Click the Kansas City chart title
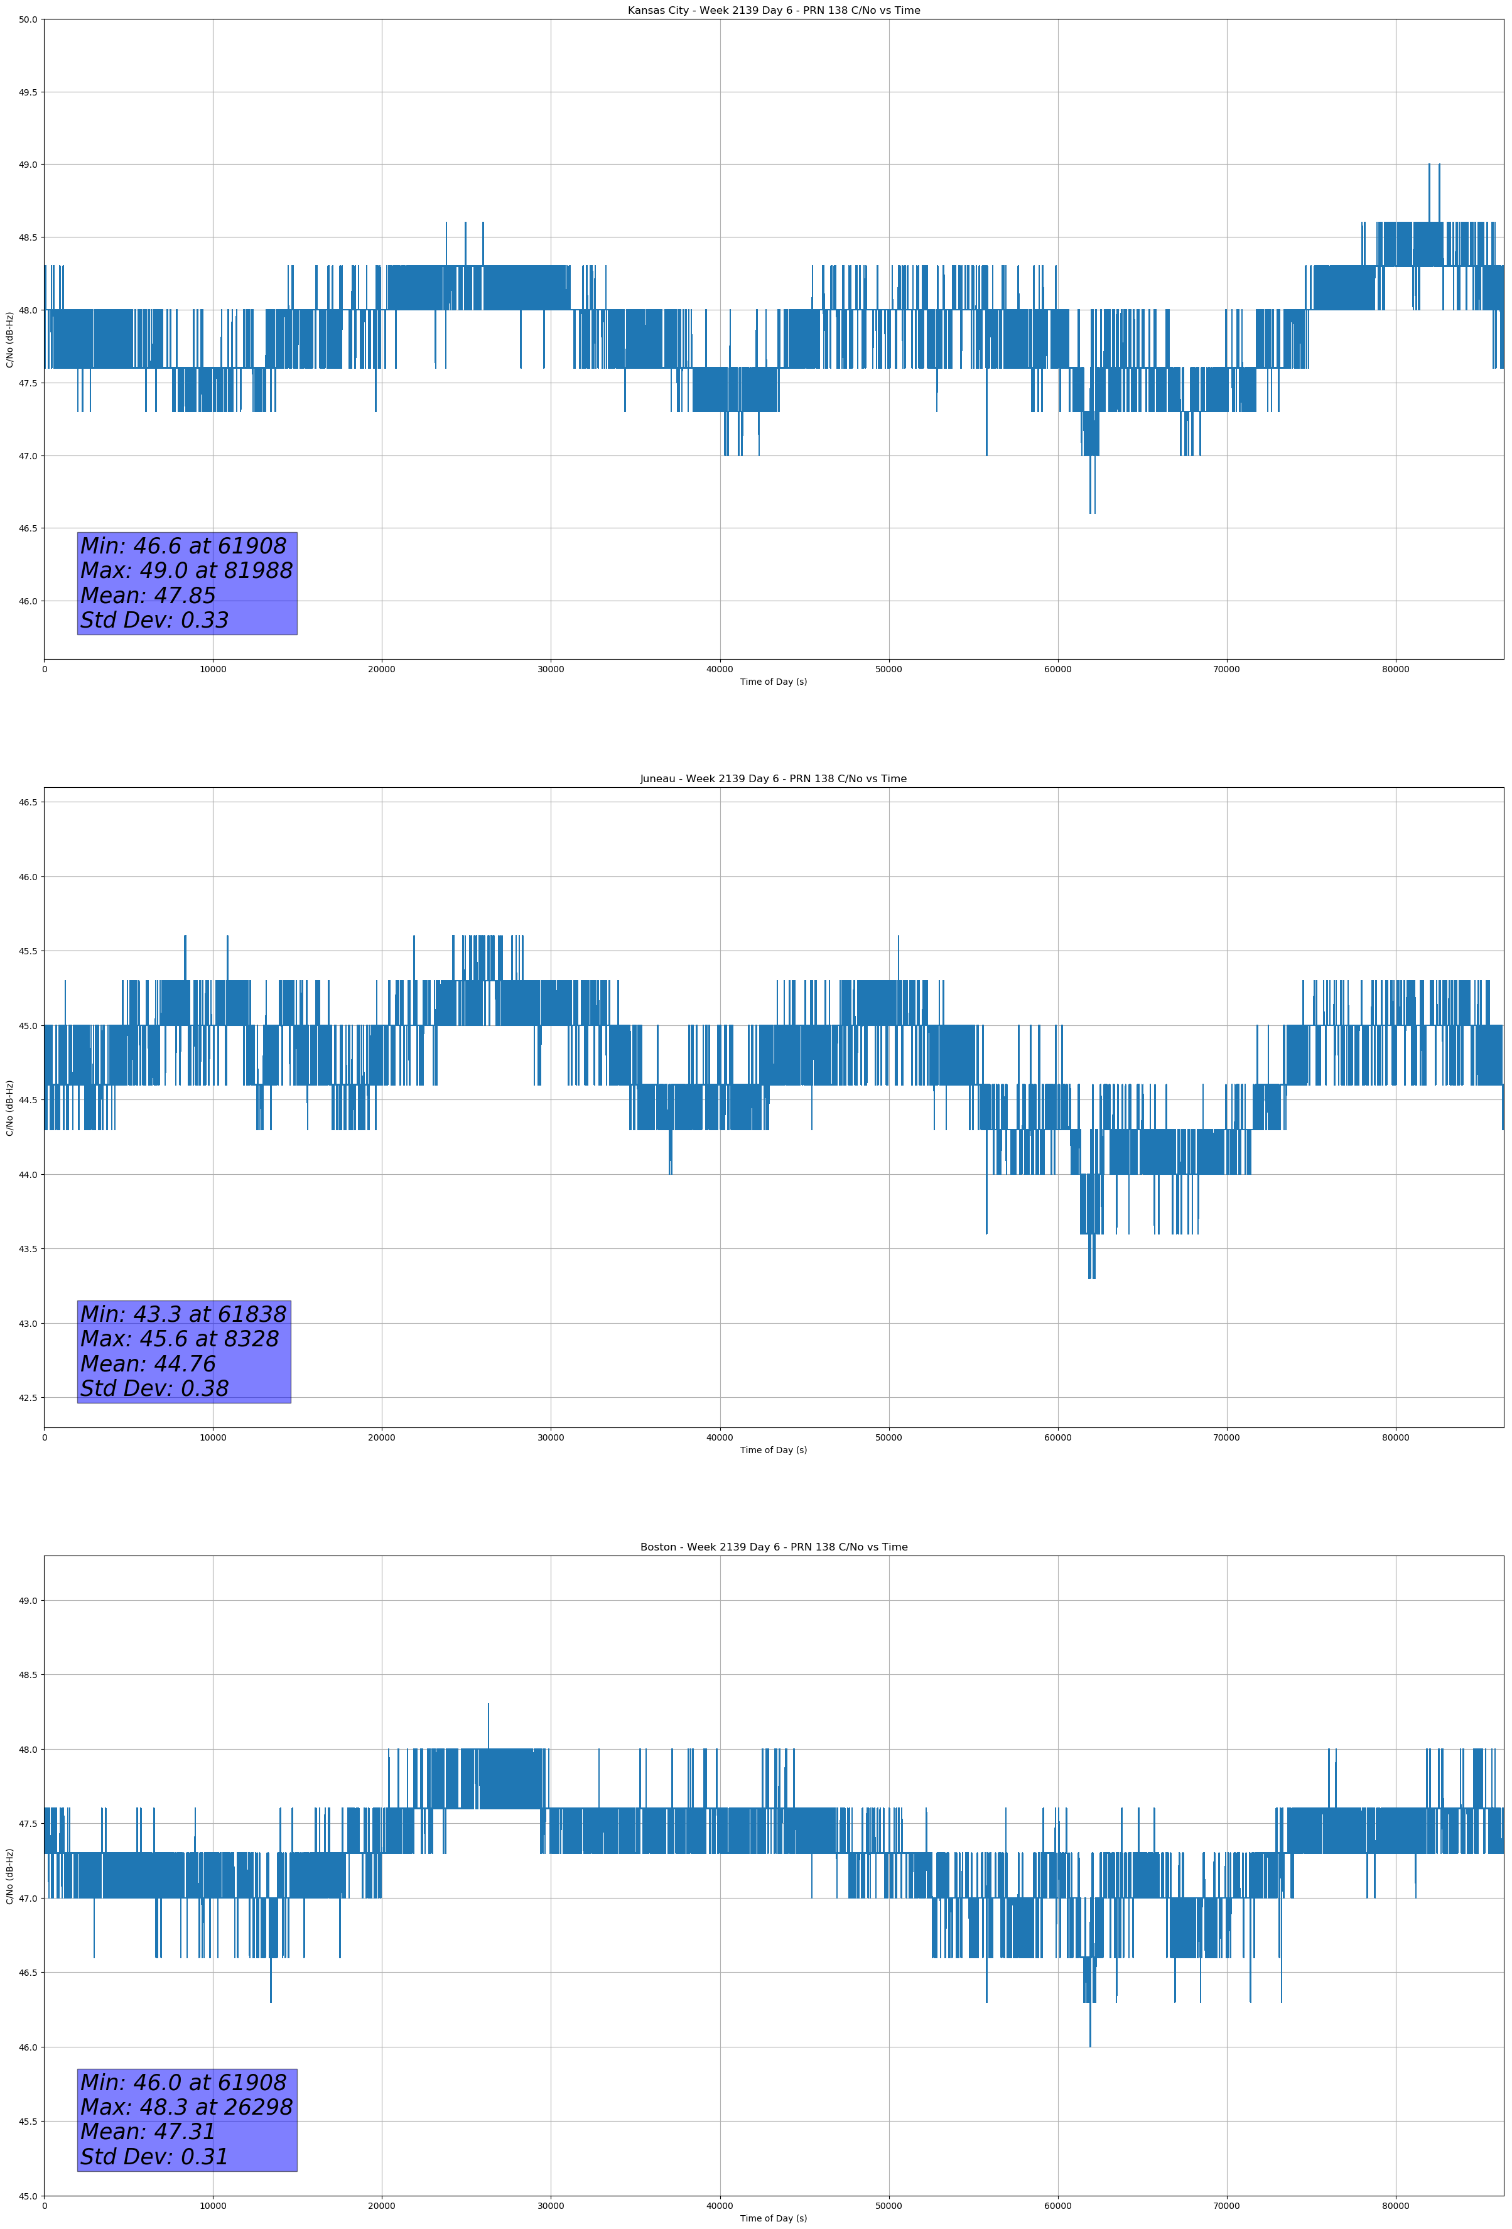pyautogui.click(x=773, y=11)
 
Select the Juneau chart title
pyautogui.click(x=773, y=779)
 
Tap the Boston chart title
pyautogui.click(x=773, y=1547)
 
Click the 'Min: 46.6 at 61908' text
pyautogui.click(x=183, y=546)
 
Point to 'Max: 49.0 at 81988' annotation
pyautogui.click(x=186, y=570)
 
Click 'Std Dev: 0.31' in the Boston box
pyautogui.click(x=154, y=2157)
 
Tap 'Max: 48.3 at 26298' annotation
pyautogui.click(x=186, y=2107)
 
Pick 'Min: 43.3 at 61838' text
pyautogui.click(x=183, y=1314)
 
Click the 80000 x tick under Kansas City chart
pyautogui.click(x=1395, y=670)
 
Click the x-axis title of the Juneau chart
pyautogui.click(x=773, y=1450)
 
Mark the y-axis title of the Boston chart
pyautogui.click(x=9, y=1876)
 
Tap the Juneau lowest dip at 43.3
pyautogui.click(x=1090, y=1278)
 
